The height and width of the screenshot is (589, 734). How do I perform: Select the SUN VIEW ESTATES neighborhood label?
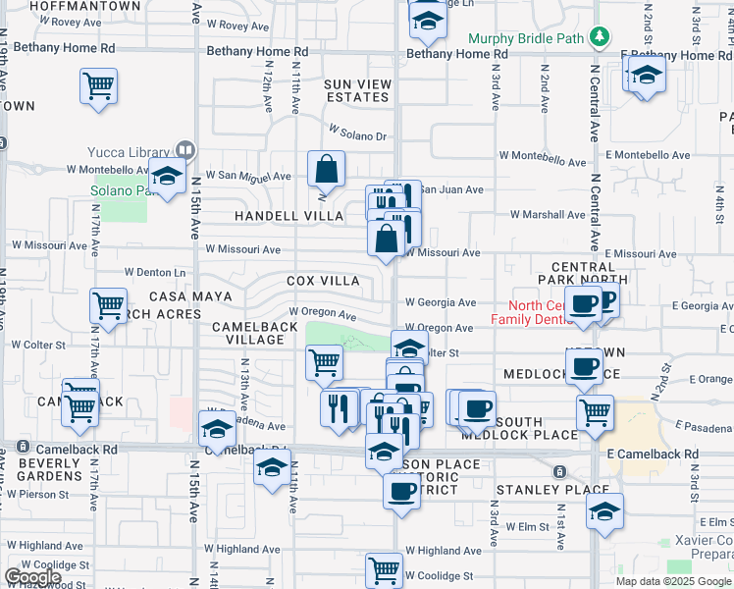click(357, 90)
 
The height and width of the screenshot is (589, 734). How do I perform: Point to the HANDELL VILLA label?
click(288, 216)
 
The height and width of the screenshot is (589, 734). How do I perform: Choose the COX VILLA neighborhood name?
click(323, 281)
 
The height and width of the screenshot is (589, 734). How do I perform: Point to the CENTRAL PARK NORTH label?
click(583, 273)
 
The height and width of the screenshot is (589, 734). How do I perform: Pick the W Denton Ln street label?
click(155, 272)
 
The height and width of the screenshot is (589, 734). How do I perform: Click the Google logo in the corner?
click(32, 577)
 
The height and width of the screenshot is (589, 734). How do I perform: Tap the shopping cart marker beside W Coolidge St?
click(385, 568)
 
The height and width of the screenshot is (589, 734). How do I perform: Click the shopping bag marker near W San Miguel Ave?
click(326, 169)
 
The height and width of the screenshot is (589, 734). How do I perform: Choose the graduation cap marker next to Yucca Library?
click(168, 177)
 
